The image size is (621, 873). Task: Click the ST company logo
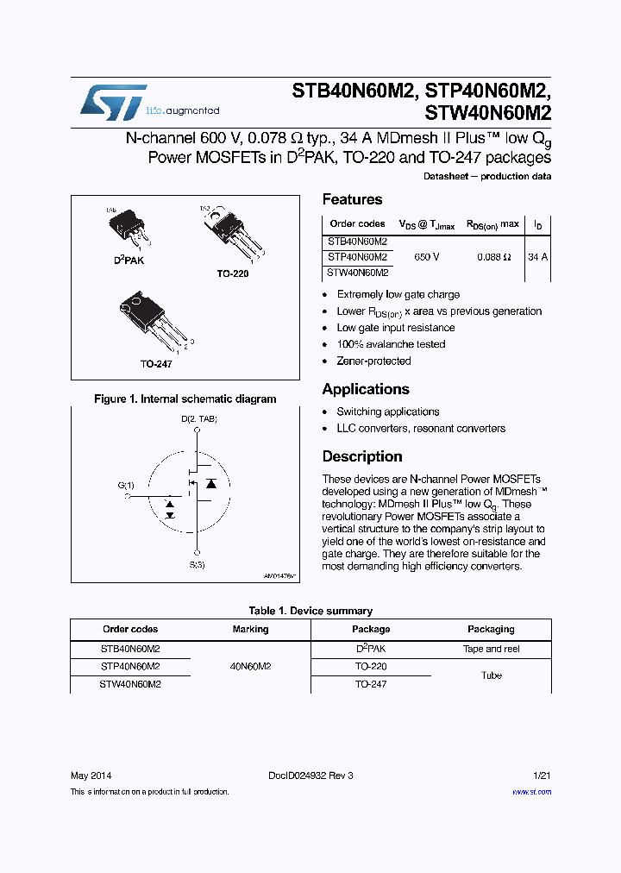[x=113, y=104]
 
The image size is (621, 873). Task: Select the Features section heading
[x=352, y=199]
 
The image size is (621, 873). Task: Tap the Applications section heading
[x=366, y=389]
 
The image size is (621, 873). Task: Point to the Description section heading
[x=362, y=456]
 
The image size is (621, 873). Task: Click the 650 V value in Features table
[x=426, y=257]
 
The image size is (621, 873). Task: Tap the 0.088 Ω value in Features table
[x=494, y=257]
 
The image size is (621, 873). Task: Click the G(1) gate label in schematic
[x=126, y=485]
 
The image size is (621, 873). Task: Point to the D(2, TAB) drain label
[x=198, y=419]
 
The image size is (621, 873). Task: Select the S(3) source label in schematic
[x=198, y=565]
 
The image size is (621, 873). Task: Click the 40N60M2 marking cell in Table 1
[x=250, y=666]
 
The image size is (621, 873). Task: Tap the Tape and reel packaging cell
[x=491, y=649]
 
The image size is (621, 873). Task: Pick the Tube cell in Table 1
[x=491, y=675]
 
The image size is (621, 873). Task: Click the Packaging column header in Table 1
[x=491, y=629]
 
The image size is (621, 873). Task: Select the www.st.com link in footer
[x=531, y=791]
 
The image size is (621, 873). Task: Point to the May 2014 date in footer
[x=91, y=776]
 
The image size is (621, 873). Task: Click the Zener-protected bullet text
[x=373, y=361]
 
